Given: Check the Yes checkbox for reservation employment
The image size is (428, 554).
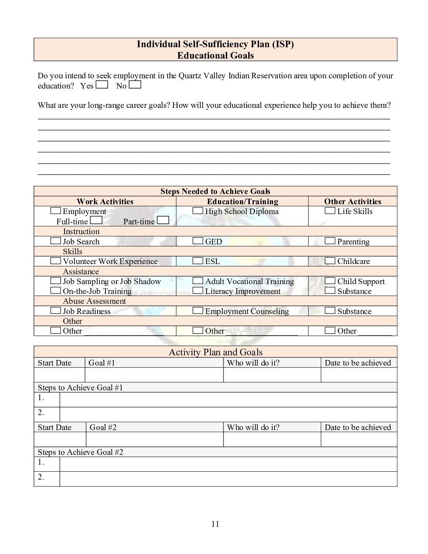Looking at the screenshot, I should click(101, 85).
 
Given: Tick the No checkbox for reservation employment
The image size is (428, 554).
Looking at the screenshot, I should click(135, 85).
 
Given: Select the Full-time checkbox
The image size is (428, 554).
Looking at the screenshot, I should click(96, 220).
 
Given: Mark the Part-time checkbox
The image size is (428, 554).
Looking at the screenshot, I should click(163, 220).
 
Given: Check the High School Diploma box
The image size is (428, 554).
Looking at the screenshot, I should click(197, 211).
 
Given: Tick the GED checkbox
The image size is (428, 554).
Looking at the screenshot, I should click(197, 241).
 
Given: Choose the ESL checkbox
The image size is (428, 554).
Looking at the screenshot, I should click(197, 260).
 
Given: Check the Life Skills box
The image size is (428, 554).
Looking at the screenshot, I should click(330, 211).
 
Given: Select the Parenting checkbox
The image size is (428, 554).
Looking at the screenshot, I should click(330, 241).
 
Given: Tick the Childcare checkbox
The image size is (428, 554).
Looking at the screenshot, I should click(330, 260).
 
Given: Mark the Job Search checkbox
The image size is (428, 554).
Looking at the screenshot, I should click(55, 241).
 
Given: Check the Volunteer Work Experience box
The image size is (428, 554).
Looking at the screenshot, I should click(55, 260).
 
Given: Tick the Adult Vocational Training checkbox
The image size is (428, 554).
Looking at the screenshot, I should click(197, 281).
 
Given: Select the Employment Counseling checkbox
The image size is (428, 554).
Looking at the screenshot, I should click(197, 310).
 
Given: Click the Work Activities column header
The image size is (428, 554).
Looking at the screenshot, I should click(105, 201).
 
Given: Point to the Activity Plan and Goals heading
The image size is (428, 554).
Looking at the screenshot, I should click(215, 352).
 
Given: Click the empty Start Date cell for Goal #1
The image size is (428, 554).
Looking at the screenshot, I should click(59, 375).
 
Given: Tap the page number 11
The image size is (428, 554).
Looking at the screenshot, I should click(215, 524).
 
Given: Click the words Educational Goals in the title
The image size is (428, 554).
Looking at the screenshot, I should click(215, 55).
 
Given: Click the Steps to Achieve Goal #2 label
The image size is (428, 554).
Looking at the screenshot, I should click(80, 452).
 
